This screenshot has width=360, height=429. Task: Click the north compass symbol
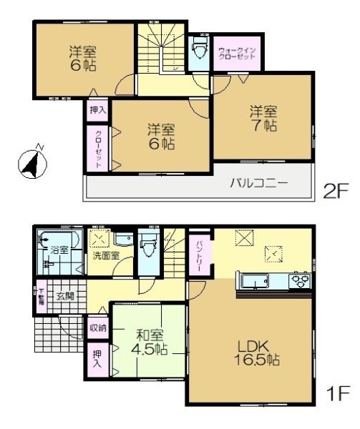(x=30, y=163)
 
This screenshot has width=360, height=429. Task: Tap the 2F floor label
(x=335, y=191)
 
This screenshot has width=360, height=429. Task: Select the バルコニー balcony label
(x=259, y=184)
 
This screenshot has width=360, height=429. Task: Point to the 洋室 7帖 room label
(x=263, y=119)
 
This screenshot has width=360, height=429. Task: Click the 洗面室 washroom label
(x=105, y=256)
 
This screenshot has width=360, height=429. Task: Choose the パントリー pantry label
(x=200, y=252)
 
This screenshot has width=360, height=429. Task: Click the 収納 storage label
(x=98, y=328)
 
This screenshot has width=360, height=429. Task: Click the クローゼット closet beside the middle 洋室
(x=97, y=148)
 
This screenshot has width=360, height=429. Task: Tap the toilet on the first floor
(x=149, y=247)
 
